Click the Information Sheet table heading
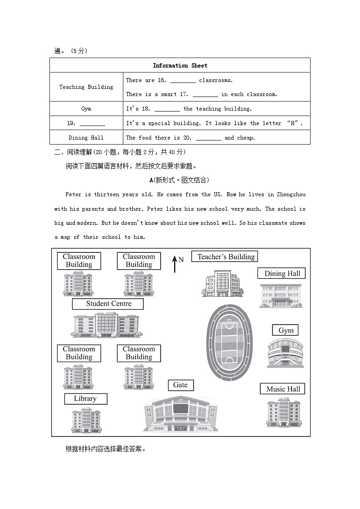click(x=180, y=65)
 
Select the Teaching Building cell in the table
click(x=86, y=87)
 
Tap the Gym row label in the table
click(x=86, y=109)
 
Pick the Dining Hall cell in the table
click(x=86, y=138)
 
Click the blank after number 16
click(x=183, y=81)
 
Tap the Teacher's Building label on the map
click(x=226, y=257)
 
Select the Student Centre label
click(x=108, y=304)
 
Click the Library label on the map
click(x=85, y=399)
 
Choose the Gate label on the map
click(x=180, y=385)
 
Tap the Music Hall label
click(x=283, y=389)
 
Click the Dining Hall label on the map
click(x=282, y=273)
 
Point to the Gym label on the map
click(x=286, y=330)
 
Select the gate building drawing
click(x=180, y=413)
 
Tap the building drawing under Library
click(x=86, y=420)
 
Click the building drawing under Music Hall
click(x=283, y=413)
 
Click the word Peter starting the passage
click(x=73, y=195)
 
